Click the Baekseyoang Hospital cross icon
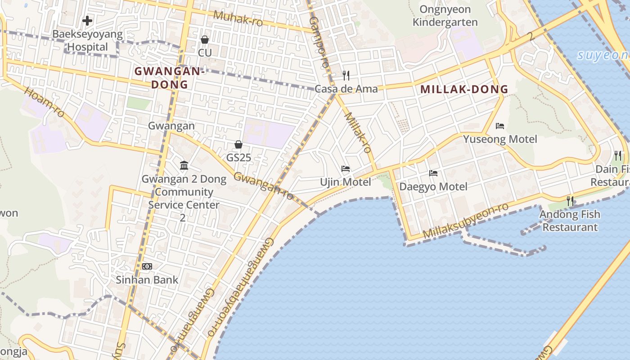pyautogui.click(x=87, y=20)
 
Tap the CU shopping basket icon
pyautogui.click(x=205, y=40)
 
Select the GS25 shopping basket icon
pyautogui.click(x=238, y=144)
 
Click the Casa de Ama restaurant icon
pyautogui.click(x=346, y=75)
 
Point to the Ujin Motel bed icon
pyautogui.click(x=346, y=169)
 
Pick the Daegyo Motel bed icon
pyautogui.click(x=433, y=173)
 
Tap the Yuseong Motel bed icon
pyautogui.click(x=499, y=126)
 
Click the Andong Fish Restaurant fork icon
pyautogui.click(x=570, y=201)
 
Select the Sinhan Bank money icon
pyautogui.click(x=147, y=266)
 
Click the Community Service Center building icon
pyautogui.click(x=184, y=166)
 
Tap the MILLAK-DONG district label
pyautogui.click(x=464, y=89)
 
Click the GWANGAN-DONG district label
pyautogui.click(x=169, y=78)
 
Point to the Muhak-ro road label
pyautogui.click(x=238, y=18)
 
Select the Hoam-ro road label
pyautogui.click(x=45, y=102)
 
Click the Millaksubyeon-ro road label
pyautogui.click(x=466, y=220)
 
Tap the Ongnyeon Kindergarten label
pyautogui.click(x=445, y=16)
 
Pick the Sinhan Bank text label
pyautogui.click(x=147, y=279)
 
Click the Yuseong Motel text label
pyautogui.click(x=500, y=139)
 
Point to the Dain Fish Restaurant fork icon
pyautogui.click(x=618, y=156)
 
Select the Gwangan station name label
pyautogui.click(x=171, y=126)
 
